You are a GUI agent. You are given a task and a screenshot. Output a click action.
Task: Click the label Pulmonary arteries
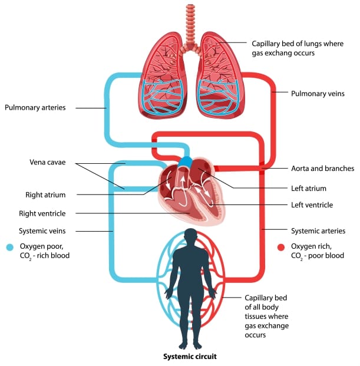(x=35, y=108)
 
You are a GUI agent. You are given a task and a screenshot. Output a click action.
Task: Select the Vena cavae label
(x=47, y=162)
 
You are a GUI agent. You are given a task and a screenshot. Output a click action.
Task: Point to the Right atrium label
(x=45, y=194)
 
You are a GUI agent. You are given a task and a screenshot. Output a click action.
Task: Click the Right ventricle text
(x=42, y=213)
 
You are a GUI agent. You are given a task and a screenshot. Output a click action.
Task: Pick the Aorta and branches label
(x=322, y=169)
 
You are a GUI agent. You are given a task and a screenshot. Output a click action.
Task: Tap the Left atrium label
(x=308, y=189)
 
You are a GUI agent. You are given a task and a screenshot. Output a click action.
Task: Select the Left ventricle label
(x=312, y=205)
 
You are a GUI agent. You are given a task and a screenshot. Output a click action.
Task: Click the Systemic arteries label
(x=319, y=230)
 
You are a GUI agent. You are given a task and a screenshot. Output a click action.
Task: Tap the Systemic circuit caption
(x=188, y=357)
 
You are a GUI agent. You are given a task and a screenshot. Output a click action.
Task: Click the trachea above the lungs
(x=190, y=24)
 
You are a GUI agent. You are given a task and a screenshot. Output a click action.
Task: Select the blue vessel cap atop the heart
(x=185, y=161)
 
